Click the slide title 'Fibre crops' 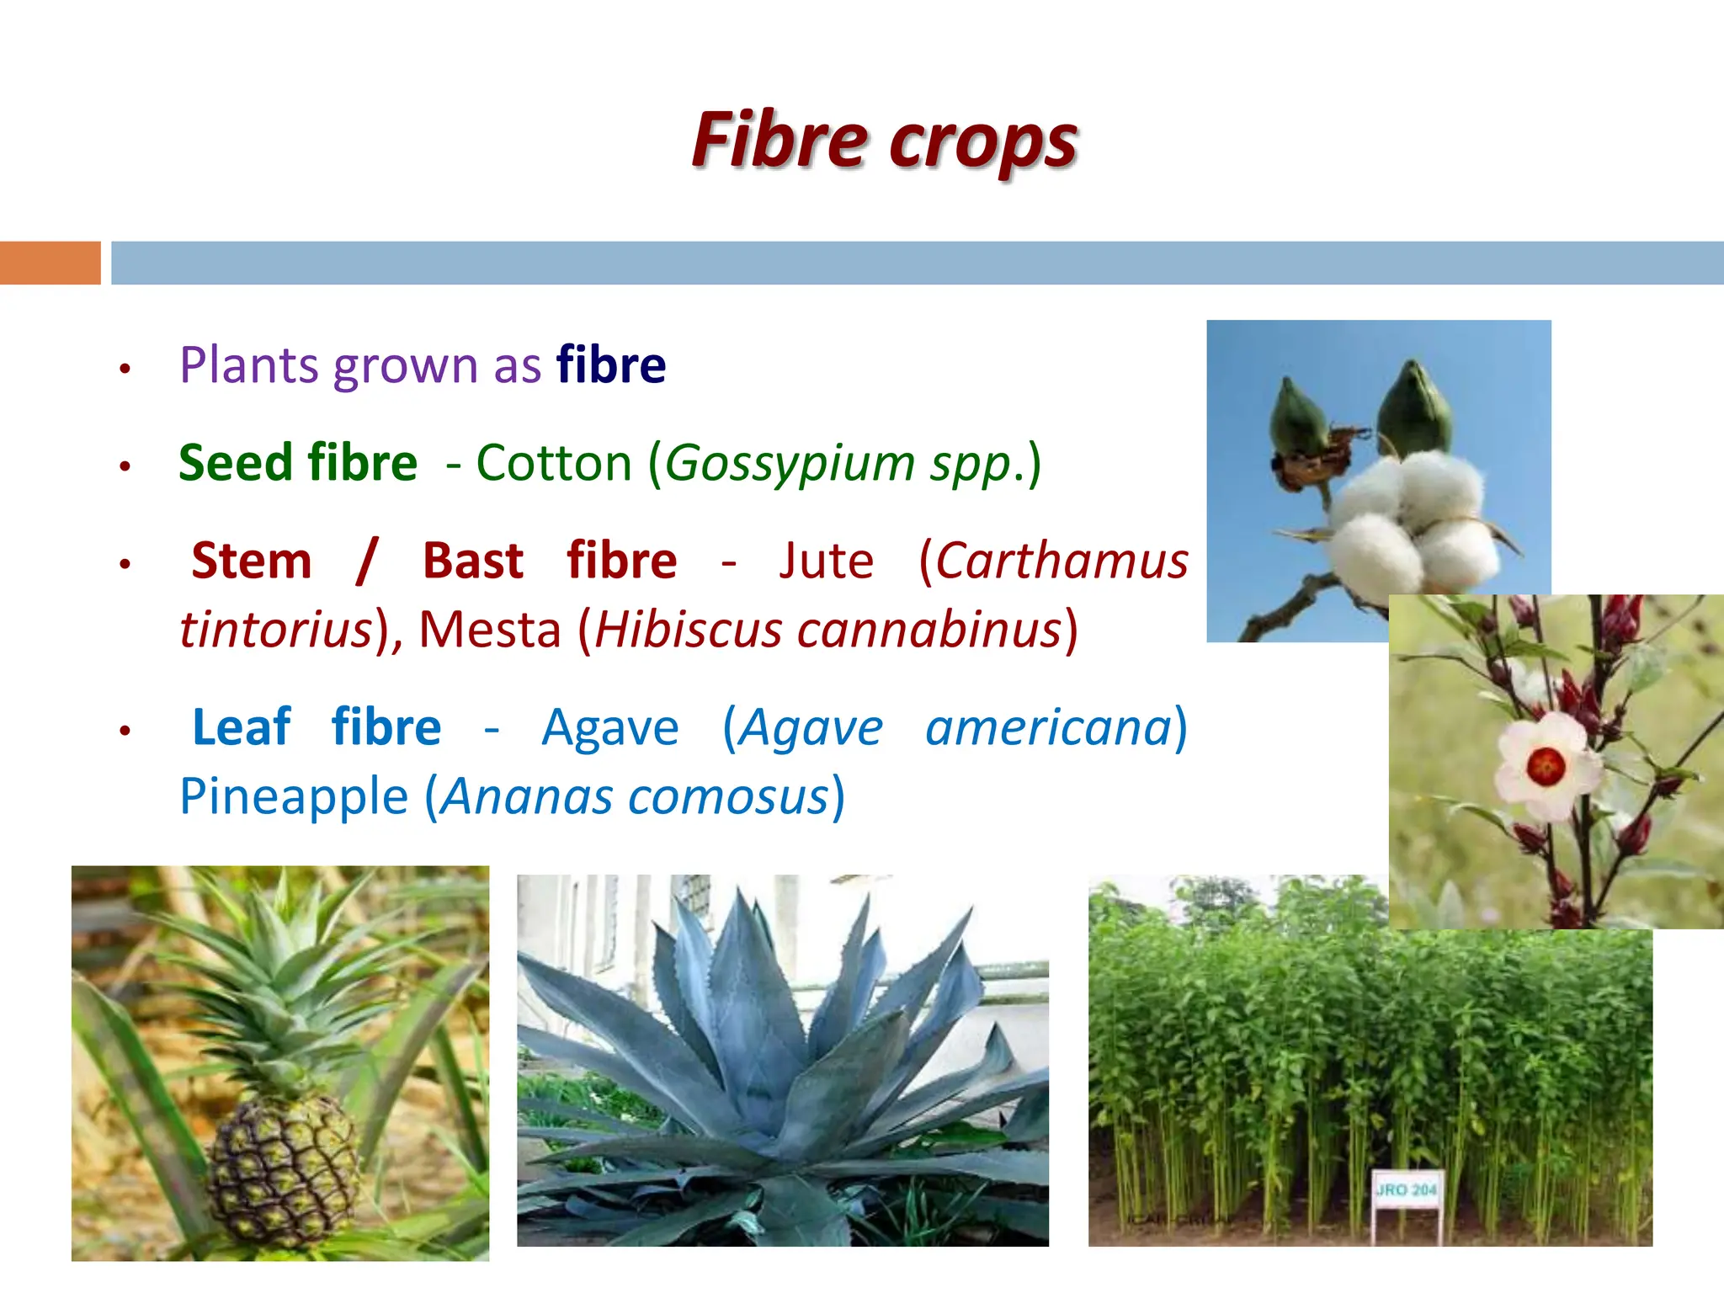tap(884, 141)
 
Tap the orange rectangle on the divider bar tap(50, 263)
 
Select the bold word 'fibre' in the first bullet tap(611, 365)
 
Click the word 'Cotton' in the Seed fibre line tap(554, 463)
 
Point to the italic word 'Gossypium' tap(790, 464)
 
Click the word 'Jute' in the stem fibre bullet tap(826, 561)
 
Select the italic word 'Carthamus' tap(1062, 561)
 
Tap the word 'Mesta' tap(490, 630)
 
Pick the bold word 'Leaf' tap(241, 727)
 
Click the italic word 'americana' tap(1048, 727)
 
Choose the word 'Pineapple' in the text tap(294, 796)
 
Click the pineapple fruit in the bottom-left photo tap(282, 1170)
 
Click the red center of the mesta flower tap(1546, 766)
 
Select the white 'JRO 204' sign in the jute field tap(1407, 1189)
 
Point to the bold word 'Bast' tap(473, 561)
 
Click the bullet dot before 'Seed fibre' tap(125, 466)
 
